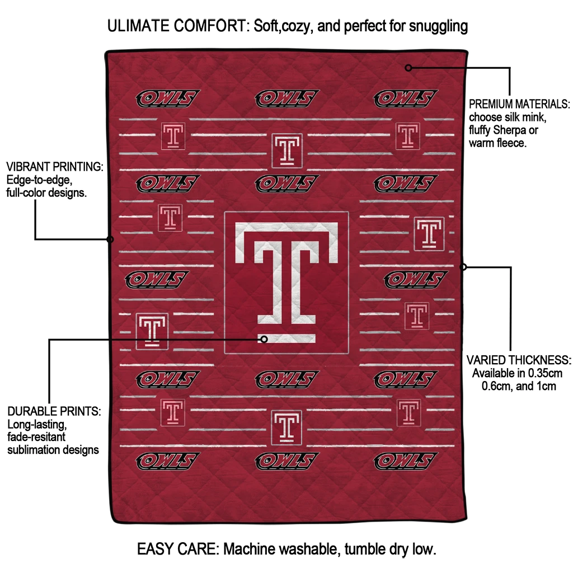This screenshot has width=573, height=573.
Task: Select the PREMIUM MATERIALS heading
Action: (x=519, y=104)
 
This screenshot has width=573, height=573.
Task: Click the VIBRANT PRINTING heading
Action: (x=55, y=167)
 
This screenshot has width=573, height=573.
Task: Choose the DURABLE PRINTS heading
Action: (x=54, y=411)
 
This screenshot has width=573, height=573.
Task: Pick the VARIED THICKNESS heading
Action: (x=519, y=360)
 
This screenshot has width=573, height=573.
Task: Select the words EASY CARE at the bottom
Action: (x=177, y=549)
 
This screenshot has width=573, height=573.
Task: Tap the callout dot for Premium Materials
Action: (x=408, y=68)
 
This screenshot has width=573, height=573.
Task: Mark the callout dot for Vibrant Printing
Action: (x=110, y=239)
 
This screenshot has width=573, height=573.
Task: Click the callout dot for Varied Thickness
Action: (x=463, y=267)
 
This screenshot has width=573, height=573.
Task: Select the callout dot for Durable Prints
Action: (x=264, y=340)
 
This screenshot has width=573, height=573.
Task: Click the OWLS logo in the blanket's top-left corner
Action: (x=168, y=98)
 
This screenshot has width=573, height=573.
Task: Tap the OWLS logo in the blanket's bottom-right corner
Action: (x=405, y=461)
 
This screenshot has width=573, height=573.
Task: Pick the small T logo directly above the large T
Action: (x=287, y=151)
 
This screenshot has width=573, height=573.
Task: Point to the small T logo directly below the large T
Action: (x=286, y=427)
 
